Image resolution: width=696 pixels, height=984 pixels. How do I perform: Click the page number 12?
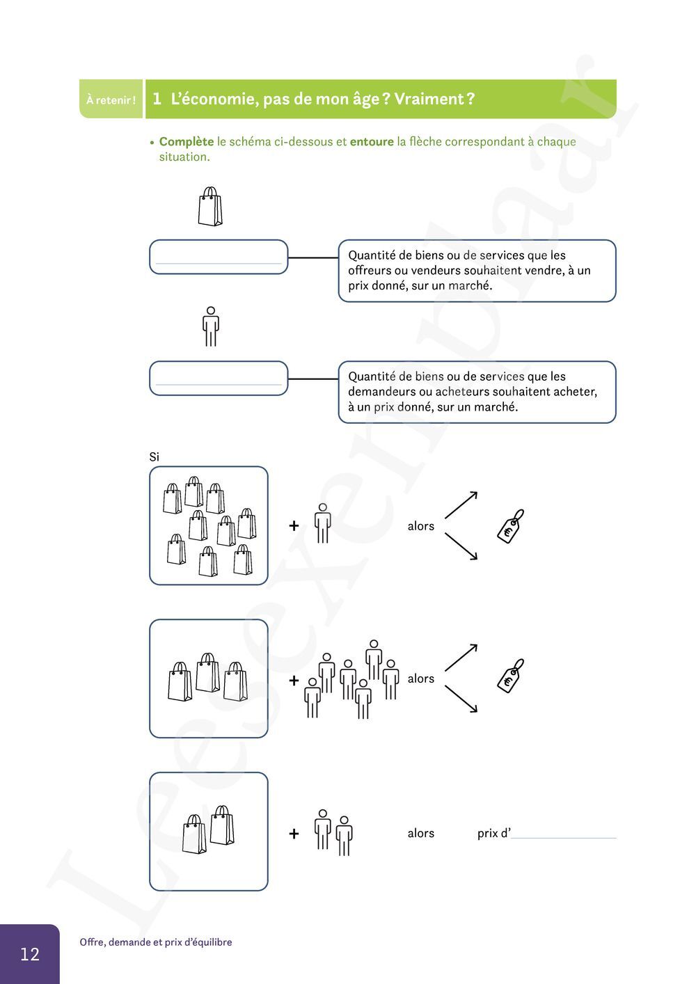pyautogui.click(x=30, y=953)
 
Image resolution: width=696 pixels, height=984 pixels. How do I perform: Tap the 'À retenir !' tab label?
pyautogui.click(x=111, y=100)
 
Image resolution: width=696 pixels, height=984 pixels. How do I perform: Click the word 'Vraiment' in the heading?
pyautogui.click(x=429, y=99)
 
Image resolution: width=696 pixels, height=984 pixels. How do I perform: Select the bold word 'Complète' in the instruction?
pyautogui.click(x=187, y=141)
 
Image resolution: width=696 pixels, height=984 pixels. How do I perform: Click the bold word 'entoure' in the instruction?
pyautogui.click(x=372, y=141)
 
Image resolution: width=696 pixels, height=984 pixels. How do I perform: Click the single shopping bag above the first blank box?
pyautogui.click(x=209, y=207)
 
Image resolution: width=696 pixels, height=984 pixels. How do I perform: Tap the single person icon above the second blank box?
pyautogui.click(x=210, y=326)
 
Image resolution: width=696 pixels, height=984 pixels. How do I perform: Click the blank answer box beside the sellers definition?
pyautogui.click(x=219, y=257)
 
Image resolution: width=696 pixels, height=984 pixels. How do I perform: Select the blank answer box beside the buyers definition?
pyautogui.click(x=219, y=379)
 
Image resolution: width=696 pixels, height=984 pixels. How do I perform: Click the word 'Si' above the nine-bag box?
pyautogui.click(x=154, y=457)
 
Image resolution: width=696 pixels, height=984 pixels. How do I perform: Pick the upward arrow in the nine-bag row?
pyautogui.click(x=461, y=505)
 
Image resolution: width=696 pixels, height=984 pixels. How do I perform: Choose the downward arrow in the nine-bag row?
pyautogui.click(x=461, y=547)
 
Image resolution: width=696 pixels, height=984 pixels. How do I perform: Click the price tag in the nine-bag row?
pyautogui.click(x=511, y=525)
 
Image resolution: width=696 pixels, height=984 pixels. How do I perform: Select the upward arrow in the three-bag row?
pyautogui.click(x=461, y=658)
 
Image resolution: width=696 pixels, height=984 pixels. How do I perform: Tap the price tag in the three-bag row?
pyautogui.click(x=511, y=676)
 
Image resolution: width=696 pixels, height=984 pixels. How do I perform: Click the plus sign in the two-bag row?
pyautogui.click(x=294, y=833)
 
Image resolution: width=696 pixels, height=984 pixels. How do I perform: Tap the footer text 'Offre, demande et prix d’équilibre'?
pyautogui.click(x=156, y=942)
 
